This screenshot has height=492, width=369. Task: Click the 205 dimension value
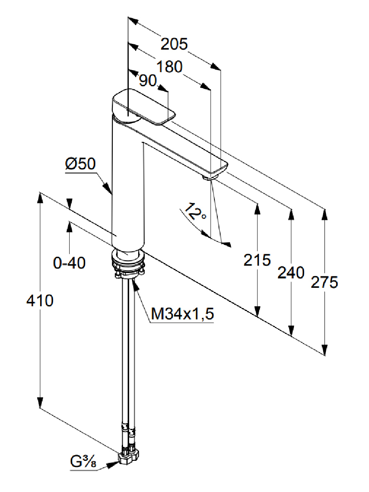coord(174,44)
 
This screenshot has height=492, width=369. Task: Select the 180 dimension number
coord(169,66)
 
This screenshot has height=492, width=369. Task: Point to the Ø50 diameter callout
coord(80,164)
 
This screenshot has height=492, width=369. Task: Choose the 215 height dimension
coord(257,260)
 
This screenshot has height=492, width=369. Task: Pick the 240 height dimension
coord(291,273)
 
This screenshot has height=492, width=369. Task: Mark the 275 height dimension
coord(324,282)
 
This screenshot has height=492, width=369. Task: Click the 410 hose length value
coord(40,301)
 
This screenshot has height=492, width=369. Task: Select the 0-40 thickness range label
coord(69,263)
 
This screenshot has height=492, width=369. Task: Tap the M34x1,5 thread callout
coord(182,314)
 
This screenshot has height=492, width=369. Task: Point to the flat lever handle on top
coord(143,107)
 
